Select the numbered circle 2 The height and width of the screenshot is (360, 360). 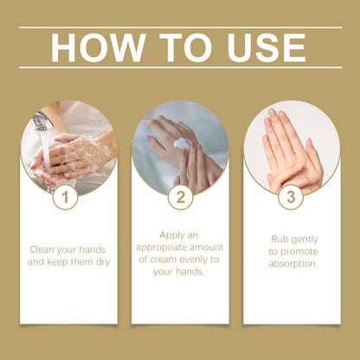(180, 198)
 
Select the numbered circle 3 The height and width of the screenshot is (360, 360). (291, 198)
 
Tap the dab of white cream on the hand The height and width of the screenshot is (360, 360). (182, 144)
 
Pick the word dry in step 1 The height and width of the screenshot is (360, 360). (100, 260)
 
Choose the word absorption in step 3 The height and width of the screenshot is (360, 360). (291, 263)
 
